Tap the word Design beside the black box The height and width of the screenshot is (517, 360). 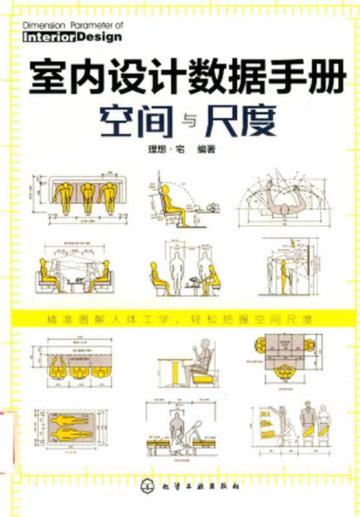[x=99, y=37]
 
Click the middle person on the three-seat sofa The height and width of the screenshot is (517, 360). [x=89, y=195]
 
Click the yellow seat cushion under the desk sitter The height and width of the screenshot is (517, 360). [x=198, y=380]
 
